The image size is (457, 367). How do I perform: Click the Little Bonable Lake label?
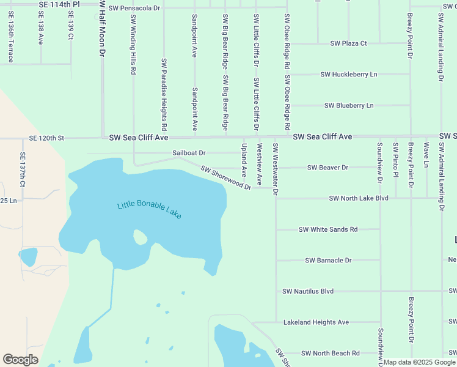[149, 210]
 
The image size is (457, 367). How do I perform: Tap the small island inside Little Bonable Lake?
[141, 237]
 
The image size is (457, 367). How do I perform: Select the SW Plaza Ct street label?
[348, 43]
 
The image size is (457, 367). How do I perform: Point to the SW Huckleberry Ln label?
[349, 74]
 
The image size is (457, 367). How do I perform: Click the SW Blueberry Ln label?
[349, 105]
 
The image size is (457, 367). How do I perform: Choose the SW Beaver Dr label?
[327, 167]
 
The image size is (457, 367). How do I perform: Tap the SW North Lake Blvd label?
[359, 198]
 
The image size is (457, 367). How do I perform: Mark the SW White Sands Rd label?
[328, 229]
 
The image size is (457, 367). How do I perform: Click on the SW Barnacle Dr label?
[328, 260]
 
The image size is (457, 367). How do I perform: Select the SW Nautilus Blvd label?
[308, 291]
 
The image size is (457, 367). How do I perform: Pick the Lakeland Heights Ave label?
[316, 322]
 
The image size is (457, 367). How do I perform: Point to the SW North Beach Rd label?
[330, 353]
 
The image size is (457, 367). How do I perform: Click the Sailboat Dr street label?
[189, 152]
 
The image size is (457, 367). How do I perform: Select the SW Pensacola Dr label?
[134, 9]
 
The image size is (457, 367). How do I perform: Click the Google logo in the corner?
[20, 360]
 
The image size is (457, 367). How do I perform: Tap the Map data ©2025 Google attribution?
[419, 362]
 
